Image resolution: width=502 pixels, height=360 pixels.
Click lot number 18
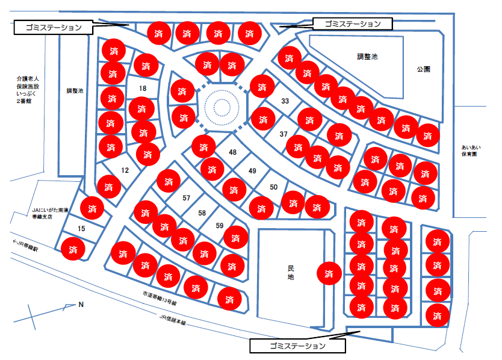(143, 88)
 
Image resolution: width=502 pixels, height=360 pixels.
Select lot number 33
(285, 101)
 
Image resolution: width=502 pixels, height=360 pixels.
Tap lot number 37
(284, 134)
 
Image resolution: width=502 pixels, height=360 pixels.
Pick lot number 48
(233, 152)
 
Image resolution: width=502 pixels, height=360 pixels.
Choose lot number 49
(252, 171)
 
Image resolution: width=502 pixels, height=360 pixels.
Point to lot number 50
(273, 187)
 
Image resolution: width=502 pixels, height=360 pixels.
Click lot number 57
(187, 198)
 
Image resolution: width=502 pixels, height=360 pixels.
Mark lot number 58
(202, 213)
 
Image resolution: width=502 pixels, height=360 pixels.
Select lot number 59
(219, 226)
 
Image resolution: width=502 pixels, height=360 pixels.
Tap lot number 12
(125, 170)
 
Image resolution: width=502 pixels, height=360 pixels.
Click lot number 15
(81, 229)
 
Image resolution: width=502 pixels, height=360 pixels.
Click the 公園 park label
(423, 69)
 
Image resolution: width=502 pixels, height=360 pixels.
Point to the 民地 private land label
(291, 273)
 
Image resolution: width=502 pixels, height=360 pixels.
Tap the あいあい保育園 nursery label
(471, 151)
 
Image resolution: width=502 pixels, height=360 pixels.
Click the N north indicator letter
(81, 305)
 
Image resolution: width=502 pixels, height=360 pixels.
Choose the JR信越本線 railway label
(173, 320)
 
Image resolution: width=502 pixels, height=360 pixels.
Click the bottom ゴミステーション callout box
(298, 346)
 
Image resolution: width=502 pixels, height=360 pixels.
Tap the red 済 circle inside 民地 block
(329, 273)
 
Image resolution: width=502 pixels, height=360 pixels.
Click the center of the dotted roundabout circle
(222, 107)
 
